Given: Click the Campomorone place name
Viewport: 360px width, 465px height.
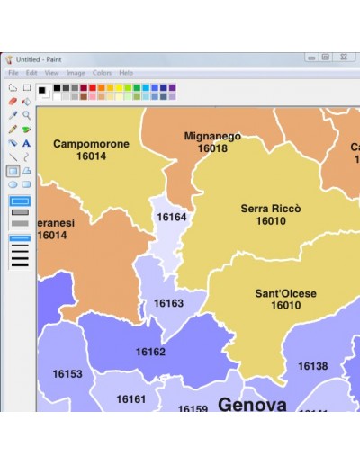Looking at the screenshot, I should click(91, 144).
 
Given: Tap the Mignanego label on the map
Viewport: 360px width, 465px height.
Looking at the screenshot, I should click(212, 137).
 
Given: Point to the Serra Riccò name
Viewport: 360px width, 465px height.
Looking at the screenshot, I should click(271, 209).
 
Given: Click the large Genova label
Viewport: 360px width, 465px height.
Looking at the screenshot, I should click(252, 404).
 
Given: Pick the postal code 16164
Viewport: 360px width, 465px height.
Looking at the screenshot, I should click(171, 218).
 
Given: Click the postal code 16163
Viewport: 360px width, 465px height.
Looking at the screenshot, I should click(168, 304).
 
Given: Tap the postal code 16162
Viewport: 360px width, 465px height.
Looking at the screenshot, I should click(150, 352).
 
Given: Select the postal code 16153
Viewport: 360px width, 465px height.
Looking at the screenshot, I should click(67, 374).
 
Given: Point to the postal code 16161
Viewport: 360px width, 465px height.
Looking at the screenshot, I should click(130, 399).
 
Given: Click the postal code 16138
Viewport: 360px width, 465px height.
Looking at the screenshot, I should click(312, 367).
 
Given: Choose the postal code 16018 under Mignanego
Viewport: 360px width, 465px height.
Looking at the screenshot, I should click(212, 148).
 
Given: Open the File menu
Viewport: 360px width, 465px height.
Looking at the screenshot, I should click(13, 73).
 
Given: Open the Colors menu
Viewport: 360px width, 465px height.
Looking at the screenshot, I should click(102, 73).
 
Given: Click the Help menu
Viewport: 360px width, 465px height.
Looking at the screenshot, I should click(126, 73).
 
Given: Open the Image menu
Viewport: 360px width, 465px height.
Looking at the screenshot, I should click(76, 73).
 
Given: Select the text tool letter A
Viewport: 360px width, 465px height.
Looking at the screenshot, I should click(27, 143).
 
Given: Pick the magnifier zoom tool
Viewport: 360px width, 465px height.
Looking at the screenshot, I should click(27, 115).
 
